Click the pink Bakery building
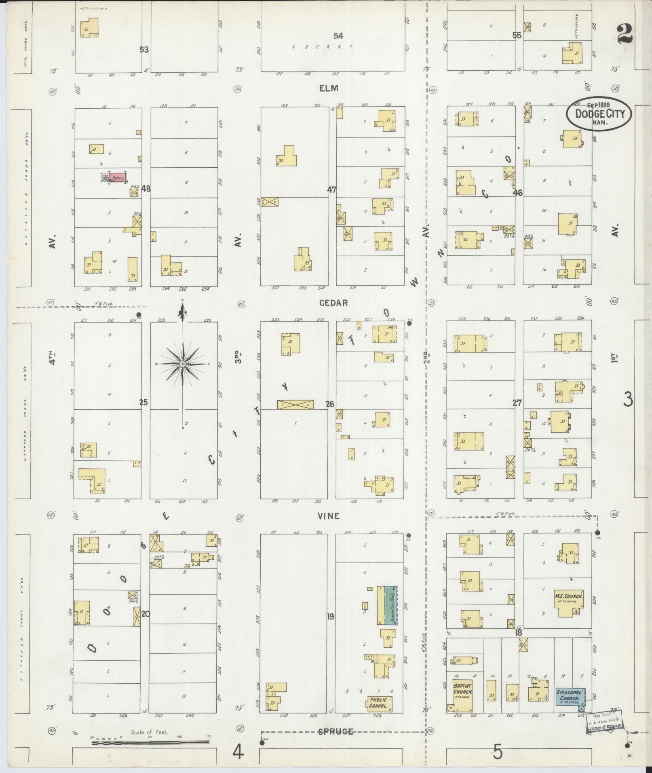118,177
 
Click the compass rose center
183,364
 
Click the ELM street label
329,88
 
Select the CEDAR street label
333,303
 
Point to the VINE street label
328,516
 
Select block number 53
144,50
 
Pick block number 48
146,188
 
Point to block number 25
143,402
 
